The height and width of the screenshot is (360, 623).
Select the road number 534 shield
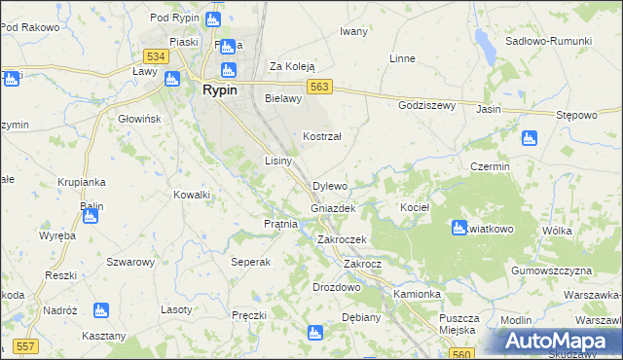click(x=156, y=57)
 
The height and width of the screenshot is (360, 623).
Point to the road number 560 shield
click(x=463, y=356)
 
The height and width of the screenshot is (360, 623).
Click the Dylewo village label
click(x=329, y=186)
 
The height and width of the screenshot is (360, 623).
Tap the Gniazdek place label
click(x=332, y=209)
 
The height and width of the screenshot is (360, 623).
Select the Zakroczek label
click(x=341, y=239)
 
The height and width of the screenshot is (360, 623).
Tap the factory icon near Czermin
click(x=529, y=139)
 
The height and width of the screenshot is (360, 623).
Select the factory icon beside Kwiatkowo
click(x=458, y=229)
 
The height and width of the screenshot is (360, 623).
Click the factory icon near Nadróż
click(x=98, y=310)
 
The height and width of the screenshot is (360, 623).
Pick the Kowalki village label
click(x=192, y=196)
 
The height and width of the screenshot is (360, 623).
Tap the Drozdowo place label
click(x=337, y=288)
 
